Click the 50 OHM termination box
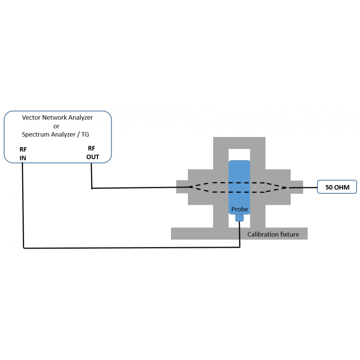[337, 187]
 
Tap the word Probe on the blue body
[239, 209]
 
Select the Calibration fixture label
[273, 234]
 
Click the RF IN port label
[23, 154]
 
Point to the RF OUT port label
[93, 152]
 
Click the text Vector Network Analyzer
[57, 117]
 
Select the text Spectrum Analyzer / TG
[55, 135]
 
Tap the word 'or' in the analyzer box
[56, 126]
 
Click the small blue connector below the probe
[239, 218]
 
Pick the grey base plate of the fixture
[202, 234]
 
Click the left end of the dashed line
[189, 187]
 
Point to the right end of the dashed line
[286, 187]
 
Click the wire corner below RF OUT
[92, 188]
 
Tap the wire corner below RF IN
[23, 248]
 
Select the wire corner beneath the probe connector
[239, 247]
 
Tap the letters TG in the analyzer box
[85, 135]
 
